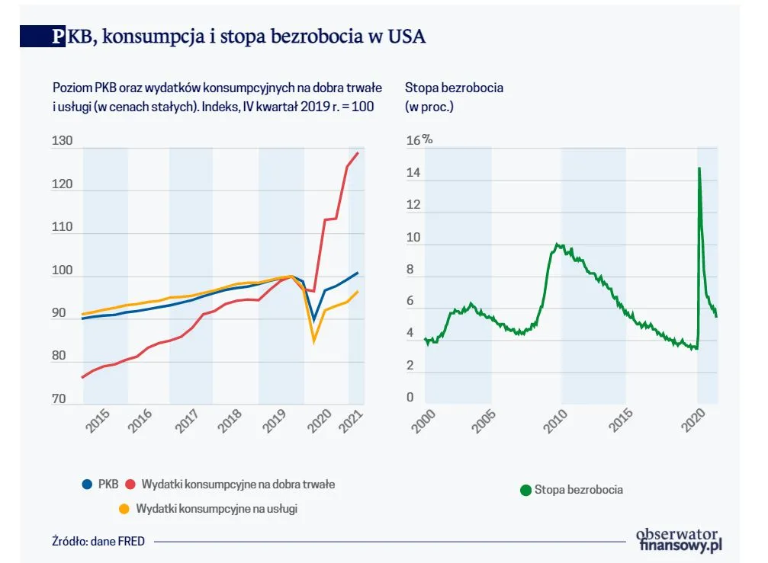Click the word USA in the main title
pyautogui.click(x=404, y=37)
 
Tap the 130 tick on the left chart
pyautogui.click(x=62, y=141)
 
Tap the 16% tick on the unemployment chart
pyautogui.click(x=419, y=140)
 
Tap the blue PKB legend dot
pyautogui.click(x=88, y=484)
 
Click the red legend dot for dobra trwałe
pyautogui.click(x=130, y=484)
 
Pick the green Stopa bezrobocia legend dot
pyautogui.click(x=525, y=490)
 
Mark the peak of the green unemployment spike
pyautogui.click(x=699, y=168)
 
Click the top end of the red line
pyautogui.click(x=358, y=153)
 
